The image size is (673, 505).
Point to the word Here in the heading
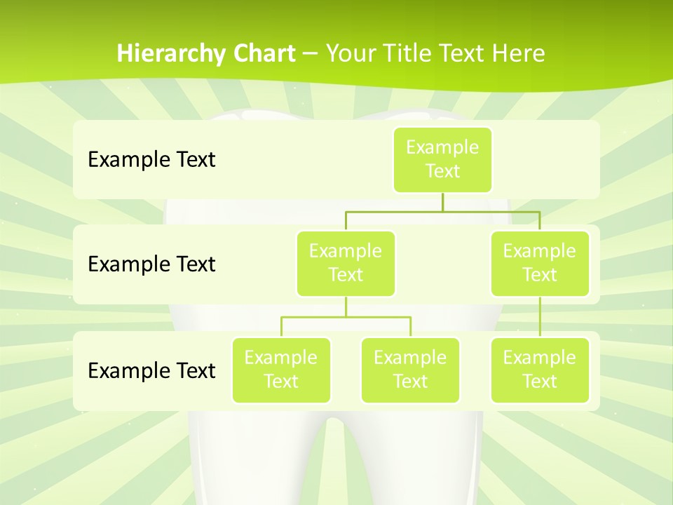click(x=518, y=54)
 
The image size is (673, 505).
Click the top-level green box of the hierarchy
click(x=442, y=159)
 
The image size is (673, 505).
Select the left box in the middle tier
click(x=346, y=263)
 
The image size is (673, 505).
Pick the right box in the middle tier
click(x=540, y=263)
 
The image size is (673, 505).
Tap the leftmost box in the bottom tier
click(x=281, y=370)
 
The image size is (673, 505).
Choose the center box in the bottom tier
click(x=410, y=370)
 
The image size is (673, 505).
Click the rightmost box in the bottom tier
click(x=540, y=370)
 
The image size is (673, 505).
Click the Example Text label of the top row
click(x=151, y=160)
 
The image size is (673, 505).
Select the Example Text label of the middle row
click(x=151, y=264)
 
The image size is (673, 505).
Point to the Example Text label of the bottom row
click(x=151, y=370)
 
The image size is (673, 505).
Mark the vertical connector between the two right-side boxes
click(x=540, y=317)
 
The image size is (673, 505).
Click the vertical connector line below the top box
click(x=442, y=202)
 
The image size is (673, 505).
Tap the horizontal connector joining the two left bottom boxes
click(x=346, y=317)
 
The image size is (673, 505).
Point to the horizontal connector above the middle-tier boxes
click(x=442, y=211)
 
